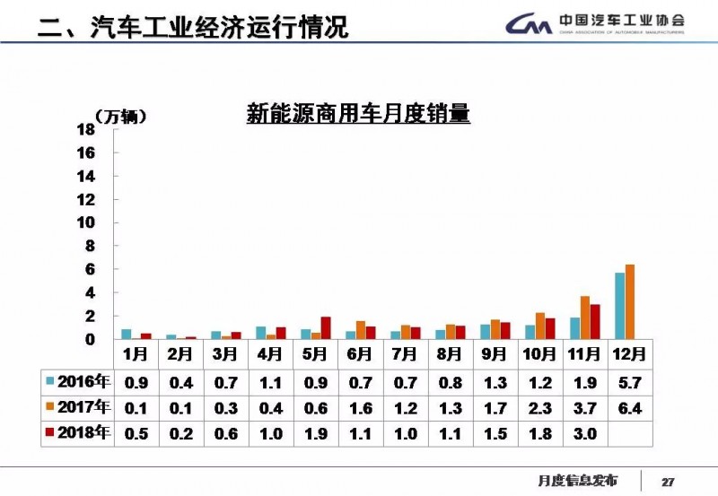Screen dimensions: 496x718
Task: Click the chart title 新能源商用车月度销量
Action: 358,114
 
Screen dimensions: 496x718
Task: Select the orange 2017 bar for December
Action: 629,302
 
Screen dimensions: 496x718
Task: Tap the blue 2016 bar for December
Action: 619,306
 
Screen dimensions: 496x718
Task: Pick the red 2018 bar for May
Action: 326,328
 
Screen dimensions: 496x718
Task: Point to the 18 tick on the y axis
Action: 85,129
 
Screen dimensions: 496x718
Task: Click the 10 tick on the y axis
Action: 85,222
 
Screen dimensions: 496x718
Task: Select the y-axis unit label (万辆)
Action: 119,116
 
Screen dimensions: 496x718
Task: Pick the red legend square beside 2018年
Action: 50,433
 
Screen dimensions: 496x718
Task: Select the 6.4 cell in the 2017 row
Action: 629,408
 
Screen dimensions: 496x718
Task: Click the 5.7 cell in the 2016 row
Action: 629,382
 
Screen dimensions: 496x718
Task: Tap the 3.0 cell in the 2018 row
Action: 584,434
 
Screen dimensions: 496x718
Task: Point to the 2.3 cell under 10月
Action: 539,408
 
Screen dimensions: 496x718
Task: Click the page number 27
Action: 668,480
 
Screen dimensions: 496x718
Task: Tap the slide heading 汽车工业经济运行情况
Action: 219,27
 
